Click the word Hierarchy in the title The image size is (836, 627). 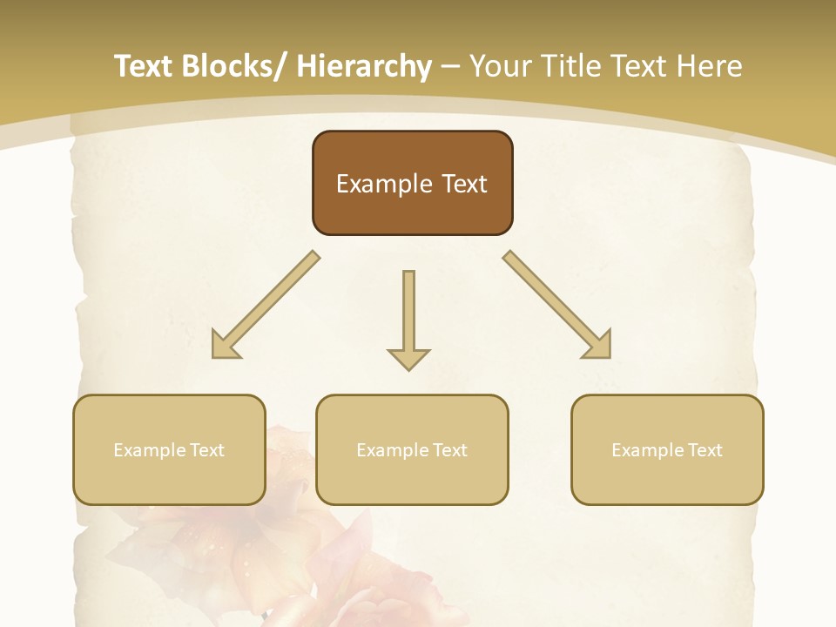[x=364, y=66]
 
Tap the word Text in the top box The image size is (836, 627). [x=463, y=184]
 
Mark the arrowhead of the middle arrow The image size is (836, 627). [x=408, y=358]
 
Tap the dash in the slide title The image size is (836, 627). [x=450, y=67]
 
